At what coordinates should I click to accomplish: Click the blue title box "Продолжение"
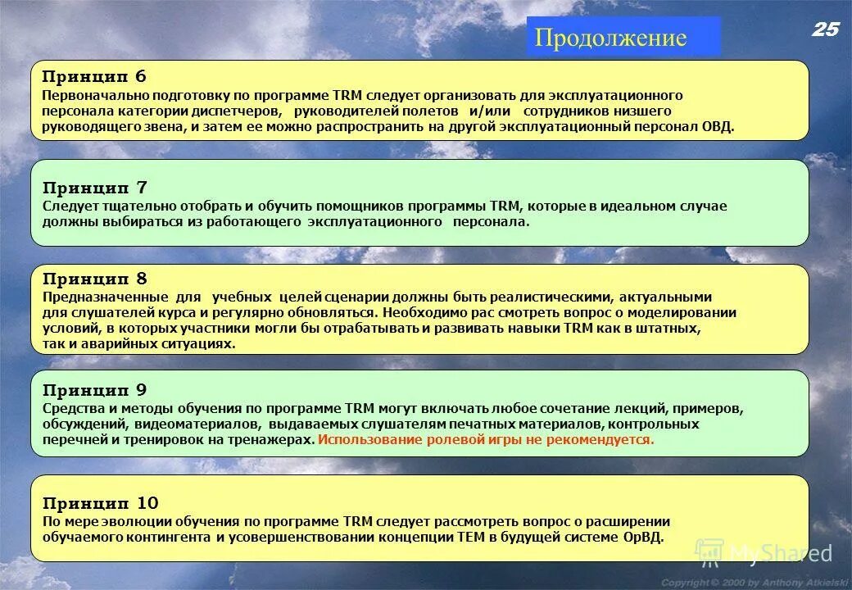623,37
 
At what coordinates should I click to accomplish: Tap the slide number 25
826,29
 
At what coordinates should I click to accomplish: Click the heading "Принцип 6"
94,76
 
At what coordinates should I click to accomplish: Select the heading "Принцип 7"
94,188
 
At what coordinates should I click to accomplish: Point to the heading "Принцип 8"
94,279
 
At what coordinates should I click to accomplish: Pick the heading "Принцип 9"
94,389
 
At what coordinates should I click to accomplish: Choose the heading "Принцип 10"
100,502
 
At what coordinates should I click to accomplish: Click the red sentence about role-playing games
486,439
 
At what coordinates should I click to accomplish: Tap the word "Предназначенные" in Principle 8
97,297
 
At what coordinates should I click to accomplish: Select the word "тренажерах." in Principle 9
276,439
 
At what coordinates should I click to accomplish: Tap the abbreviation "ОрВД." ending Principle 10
642,537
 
